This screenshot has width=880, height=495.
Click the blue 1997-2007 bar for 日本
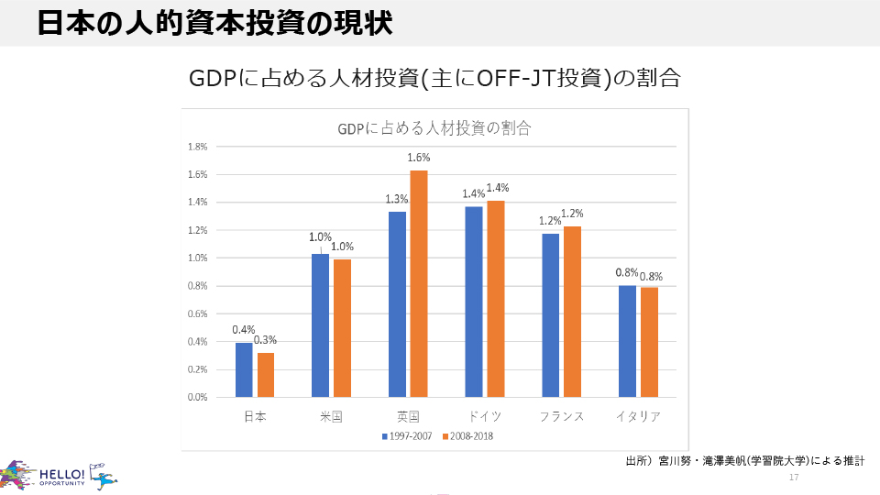(244, 370)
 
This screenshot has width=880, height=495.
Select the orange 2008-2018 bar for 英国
(418, 284)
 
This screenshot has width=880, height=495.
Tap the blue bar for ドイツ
(473, 302)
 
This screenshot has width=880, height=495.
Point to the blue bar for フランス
(550, 315)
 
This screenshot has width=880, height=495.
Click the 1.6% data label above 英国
(419, 158)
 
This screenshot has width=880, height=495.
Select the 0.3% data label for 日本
(266, 340)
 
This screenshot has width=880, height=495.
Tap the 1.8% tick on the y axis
(197, 147)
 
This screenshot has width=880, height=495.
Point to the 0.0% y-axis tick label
(197, 398)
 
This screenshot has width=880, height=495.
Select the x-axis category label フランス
(561, 416)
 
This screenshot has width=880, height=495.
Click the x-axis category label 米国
(331, 416)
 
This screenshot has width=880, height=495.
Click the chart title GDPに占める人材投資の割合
(434, 128)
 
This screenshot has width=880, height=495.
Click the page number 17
(794, 478)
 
